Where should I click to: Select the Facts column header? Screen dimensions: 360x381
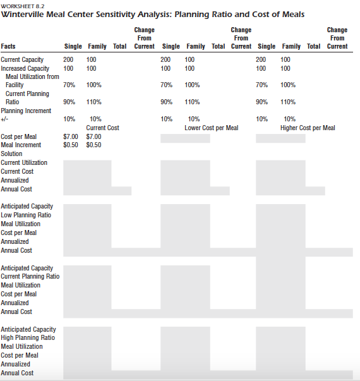coord(9,46)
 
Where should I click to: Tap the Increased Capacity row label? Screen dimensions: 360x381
coord(25,68)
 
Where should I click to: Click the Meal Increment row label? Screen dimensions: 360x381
coord(21,145)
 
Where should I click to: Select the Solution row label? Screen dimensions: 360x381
coord(11,154)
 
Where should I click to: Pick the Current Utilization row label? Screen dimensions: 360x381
coord(24,162)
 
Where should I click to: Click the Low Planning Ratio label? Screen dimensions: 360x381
coord(26,215)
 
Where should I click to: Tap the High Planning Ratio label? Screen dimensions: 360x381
coord(28,338)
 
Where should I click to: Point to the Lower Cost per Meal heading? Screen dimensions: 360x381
coord(211,128)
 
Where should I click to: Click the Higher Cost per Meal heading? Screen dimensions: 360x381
coord(308,128)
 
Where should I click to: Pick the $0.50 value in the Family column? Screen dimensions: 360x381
coord(93,145)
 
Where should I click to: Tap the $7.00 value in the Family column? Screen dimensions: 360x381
coord(93,136)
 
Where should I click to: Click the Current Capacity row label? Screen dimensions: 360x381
coord(22,59)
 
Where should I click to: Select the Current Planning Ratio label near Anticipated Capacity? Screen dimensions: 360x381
coord(30,276)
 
